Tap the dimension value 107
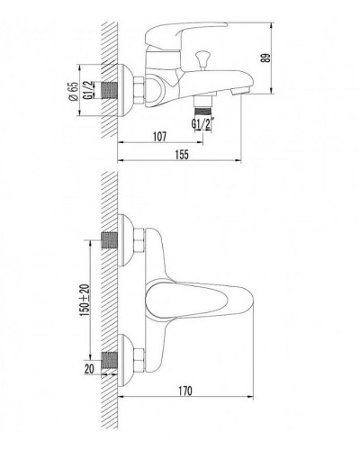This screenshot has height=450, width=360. pyautogui.click(x=161, y=138)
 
